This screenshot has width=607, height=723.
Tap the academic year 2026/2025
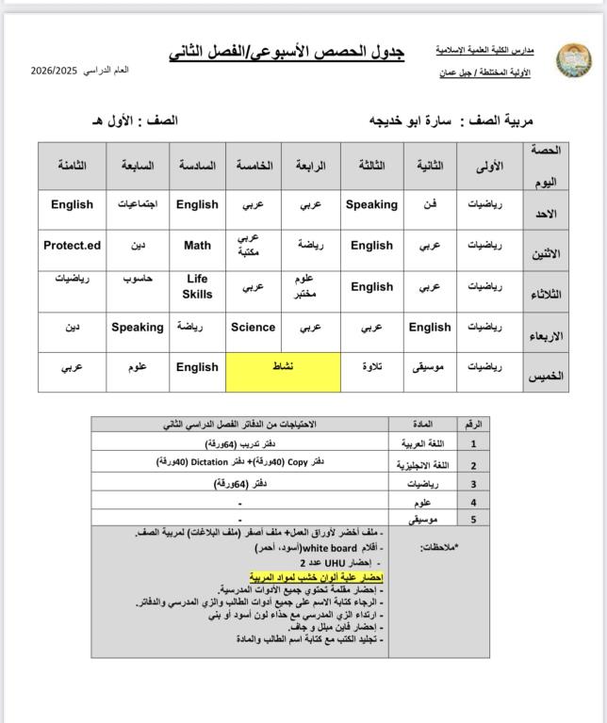pos(55,71)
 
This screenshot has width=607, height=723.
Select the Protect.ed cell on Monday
pos(72,246)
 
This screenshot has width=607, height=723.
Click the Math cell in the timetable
pos(197,246)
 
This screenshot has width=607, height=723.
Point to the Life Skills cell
pos(197,286)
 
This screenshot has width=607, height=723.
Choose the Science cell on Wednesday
pos(253,328)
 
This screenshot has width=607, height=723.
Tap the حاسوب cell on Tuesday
pos(138,279)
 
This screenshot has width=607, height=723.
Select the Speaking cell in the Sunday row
pos(372,204)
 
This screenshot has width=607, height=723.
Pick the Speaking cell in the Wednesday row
pos(138,328)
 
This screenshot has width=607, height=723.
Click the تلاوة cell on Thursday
pos(372,367)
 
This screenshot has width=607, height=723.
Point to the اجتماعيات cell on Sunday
pos(138,204)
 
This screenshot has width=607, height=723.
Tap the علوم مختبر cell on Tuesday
pos(310,286)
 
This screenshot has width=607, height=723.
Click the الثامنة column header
pos(73,165)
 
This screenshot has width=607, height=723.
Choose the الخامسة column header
pos(254,165)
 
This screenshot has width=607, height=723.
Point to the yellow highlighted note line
pos(317,576)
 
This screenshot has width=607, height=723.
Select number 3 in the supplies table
pos(473,484)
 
